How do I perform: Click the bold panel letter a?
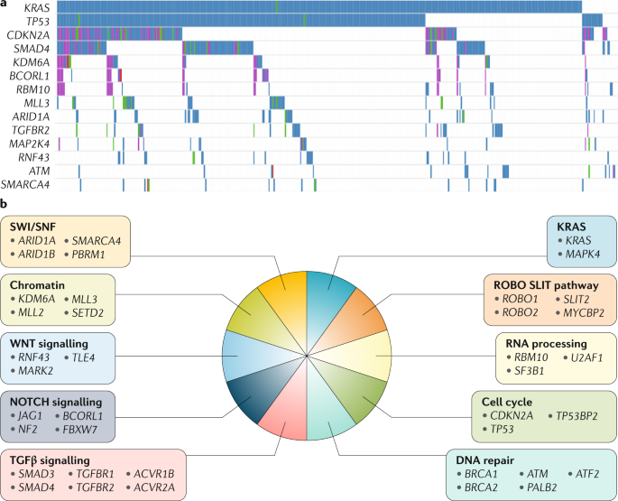5,5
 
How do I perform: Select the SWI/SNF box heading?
31,226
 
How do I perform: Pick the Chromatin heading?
34,283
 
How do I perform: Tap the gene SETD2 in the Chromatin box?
92,311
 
